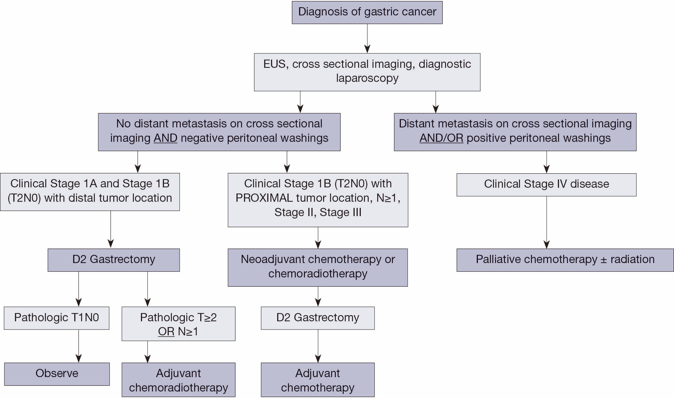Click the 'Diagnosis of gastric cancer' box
[367, 12]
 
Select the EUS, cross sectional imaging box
[367, 72]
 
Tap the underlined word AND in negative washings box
[165, 138]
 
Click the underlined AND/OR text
[441, 138]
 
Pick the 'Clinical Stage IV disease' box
[546, 185]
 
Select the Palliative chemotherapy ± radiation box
[565, 260]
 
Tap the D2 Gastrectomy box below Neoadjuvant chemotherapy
[318, 318]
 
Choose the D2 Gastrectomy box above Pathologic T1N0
[114, 260]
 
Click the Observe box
[57, 374]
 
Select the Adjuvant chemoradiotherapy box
[178, 380]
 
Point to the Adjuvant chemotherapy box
[318, 380]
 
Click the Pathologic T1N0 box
[56, 318]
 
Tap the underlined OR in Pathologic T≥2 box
[166, 332]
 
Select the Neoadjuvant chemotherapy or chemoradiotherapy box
[318, 267]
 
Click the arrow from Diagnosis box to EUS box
[367, 38]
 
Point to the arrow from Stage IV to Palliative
[546, 223]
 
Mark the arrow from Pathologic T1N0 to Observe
[79, 346]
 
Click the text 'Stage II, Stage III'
[318, 212]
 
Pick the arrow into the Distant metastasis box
[435, 102]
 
